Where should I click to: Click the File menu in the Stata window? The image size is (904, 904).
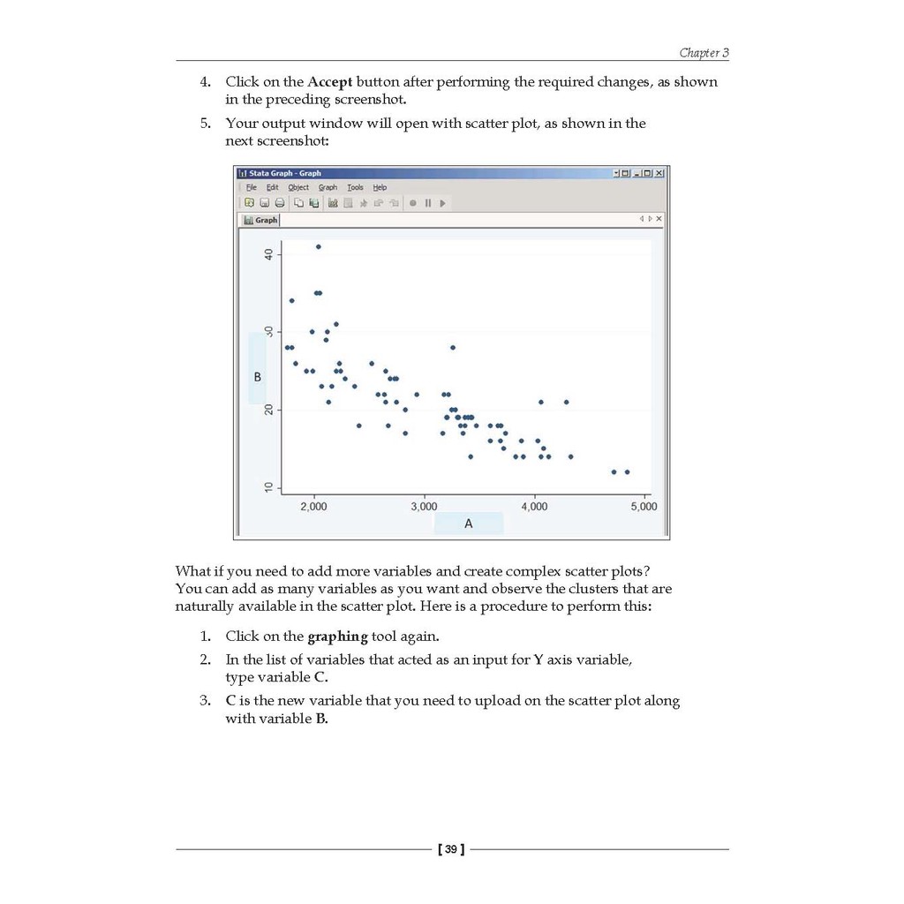(252, 187)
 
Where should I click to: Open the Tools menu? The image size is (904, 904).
(355, 187)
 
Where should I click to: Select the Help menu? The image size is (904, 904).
(380, 187)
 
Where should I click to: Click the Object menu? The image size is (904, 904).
(298, 187)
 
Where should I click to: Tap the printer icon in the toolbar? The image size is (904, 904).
(280, 203)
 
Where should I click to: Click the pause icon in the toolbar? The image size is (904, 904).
(428, 203)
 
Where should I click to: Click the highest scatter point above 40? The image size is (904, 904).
(319, 246)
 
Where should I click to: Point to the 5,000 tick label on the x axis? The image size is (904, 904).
(644, 507)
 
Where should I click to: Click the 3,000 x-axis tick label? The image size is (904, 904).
(424, 507)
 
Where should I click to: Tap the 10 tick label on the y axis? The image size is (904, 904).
(268, 488)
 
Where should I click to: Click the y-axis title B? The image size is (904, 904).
(258, 377)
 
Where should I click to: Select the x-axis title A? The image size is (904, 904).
(469, 524)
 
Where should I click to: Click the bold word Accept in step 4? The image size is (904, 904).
(330, 82)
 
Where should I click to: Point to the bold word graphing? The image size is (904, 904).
(337, 637)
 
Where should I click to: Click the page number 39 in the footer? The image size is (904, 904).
(451, 849)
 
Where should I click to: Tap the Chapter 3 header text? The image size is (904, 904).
(704, 53)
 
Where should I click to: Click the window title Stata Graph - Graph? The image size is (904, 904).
(285, 173)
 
